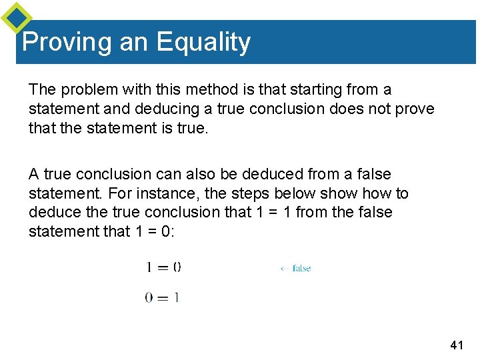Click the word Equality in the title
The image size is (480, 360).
203,43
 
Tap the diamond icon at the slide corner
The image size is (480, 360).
16,18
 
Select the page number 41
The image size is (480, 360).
457,345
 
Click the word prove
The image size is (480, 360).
415,109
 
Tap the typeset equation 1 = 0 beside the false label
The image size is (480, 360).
163,267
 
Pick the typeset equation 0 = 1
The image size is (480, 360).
162,298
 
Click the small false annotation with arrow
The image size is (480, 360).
295,269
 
